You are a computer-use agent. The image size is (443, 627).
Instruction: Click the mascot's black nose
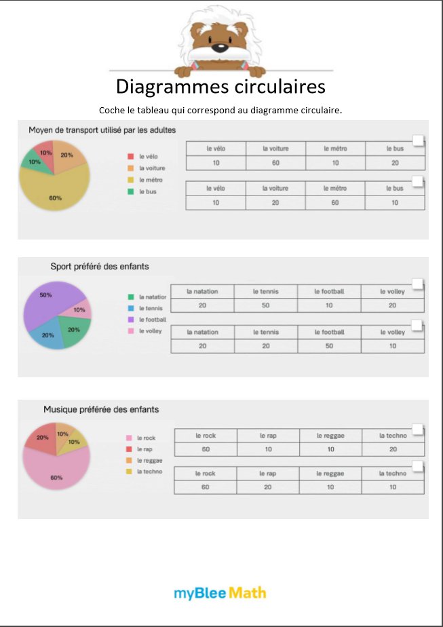click(x=219, y=48)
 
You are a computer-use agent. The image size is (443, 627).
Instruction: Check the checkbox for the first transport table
click(x=419, y=140)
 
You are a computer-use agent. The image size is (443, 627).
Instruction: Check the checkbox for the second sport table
click(x=417, y=326)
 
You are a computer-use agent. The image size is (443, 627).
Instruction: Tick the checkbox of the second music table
click(x=418, y=466)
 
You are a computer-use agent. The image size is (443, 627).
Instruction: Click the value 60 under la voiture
click(x=275, y=163)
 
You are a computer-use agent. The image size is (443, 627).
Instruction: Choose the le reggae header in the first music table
click(x=330, y=436)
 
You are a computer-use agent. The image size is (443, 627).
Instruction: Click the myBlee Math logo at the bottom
click(x=220, y=593)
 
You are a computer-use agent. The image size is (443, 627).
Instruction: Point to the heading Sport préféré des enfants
click(x=100, y=267)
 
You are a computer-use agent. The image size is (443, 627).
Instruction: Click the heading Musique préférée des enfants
click(x=101, y=409)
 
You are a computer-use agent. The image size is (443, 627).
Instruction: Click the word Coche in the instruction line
click(x=111, y=110)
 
